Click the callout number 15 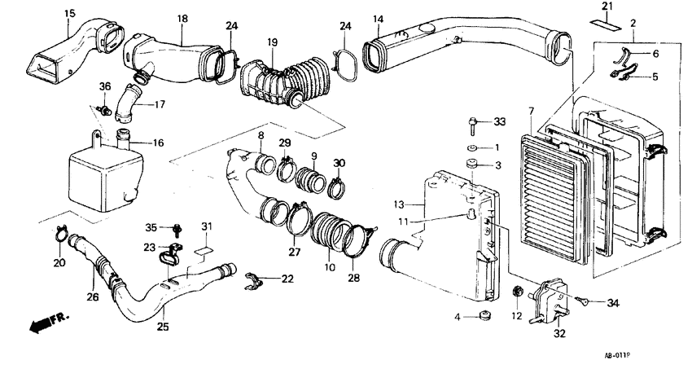pyautogui.click(x=69, y=13)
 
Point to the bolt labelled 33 pyautogui.click(x=474, y=124)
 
